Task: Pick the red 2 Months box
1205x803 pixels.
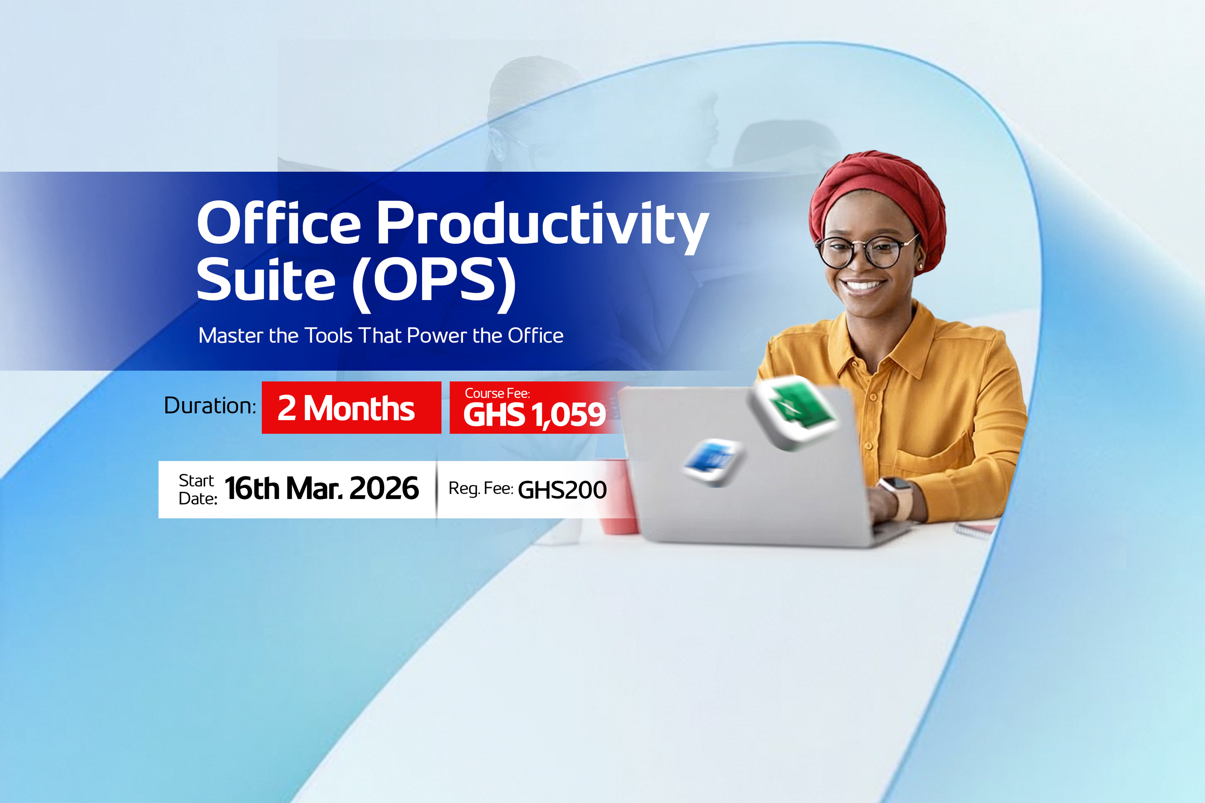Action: coord(351,408)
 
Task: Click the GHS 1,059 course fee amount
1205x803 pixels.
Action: coord(534,415)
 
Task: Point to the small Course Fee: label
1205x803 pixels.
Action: coord(497,393)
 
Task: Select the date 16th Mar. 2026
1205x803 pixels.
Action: coord(322,488)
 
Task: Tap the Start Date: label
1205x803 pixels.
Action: coord(198,490)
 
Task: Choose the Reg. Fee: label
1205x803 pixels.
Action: coord(481,488)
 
